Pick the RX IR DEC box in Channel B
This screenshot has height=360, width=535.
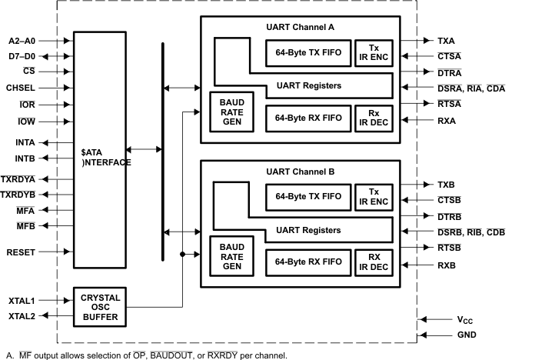(374, 262)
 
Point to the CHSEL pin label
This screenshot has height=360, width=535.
(22, 88)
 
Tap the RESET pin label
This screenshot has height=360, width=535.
(22, 252)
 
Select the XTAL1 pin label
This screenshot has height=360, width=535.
(22, 300)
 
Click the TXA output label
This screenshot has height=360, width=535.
(447, 40)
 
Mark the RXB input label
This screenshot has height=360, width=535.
(447, 265)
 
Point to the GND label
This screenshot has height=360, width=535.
(466, 335)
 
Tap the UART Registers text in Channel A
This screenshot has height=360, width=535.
(308, 85)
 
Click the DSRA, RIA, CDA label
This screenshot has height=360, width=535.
(471, 88)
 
